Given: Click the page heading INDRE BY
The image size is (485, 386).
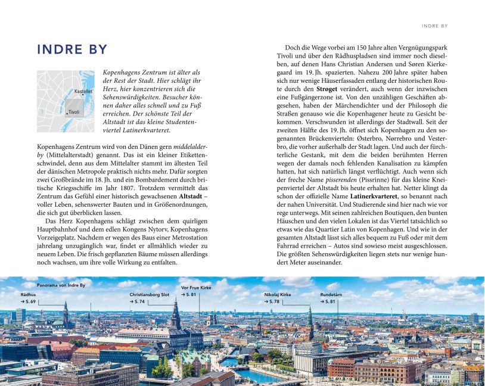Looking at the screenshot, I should click(72, 49).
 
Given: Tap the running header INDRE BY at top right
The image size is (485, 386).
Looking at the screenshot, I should click(434, 26).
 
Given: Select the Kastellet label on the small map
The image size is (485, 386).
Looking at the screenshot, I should click(83, 92).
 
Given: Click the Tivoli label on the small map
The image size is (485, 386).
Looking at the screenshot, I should click(73, 112).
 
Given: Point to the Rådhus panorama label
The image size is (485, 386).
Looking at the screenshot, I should click(28, 294).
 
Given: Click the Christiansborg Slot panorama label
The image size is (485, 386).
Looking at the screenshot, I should click(150, 294).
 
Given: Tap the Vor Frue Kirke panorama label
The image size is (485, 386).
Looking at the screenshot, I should click(196, 288).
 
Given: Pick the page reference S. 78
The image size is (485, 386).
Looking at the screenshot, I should click(273, 302).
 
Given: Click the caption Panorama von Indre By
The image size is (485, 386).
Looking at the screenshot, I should click(61, 285).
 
